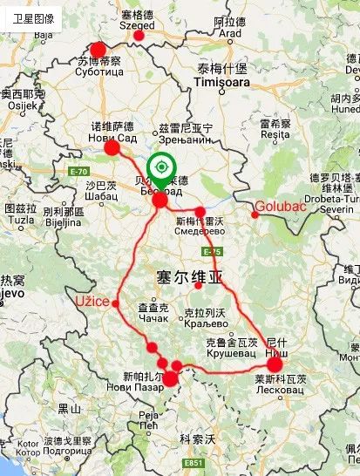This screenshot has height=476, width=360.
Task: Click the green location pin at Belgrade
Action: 160,167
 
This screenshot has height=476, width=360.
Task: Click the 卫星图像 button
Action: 33,17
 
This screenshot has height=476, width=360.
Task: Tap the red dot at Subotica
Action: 98,51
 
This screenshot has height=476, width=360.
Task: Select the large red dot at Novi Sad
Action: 112,148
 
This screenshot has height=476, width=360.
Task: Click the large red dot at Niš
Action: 275,364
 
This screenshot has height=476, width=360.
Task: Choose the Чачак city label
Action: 153,320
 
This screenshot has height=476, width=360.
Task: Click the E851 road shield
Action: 195,463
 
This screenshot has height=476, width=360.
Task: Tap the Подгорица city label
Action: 68,452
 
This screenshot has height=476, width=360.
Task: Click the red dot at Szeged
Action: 139,36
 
